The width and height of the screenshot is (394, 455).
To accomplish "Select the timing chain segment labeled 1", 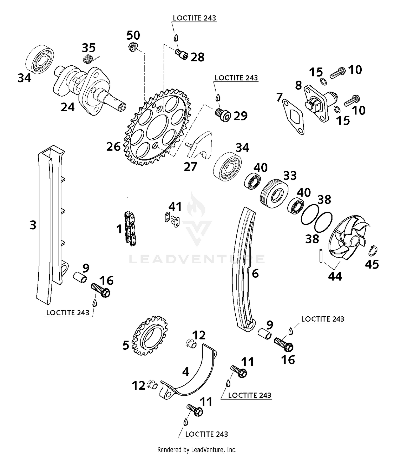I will (x=131, y=228).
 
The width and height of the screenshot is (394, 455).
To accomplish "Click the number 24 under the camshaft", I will (x=68, y=107).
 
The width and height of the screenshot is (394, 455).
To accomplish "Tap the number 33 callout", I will (x=290, y=175).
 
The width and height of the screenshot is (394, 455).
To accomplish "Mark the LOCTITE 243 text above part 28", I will (x=194, y=18).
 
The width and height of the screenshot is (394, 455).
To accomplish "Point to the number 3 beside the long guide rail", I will (x=33, y=225).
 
